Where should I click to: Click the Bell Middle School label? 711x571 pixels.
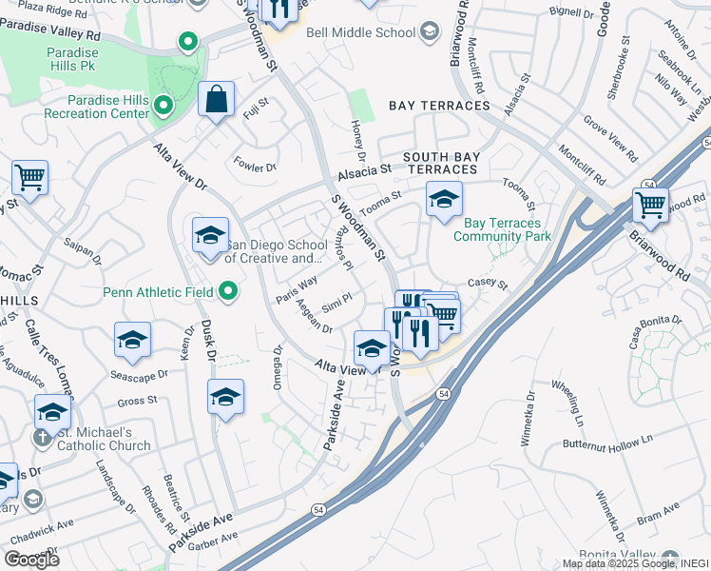pos(368,32)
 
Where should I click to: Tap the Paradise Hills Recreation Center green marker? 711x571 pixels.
pos(163,105)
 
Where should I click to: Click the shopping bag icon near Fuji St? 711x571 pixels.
pos(217,99)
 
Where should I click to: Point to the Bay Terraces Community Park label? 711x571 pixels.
pos(502,229)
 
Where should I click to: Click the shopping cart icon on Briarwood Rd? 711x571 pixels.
pos(650,203)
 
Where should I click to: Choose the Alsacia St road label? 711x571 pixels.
pos(364,173)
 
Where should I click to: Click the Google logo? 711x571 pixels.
pos(31,559)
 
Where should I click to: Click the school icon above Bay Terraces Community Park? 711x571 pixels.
pos(443,200)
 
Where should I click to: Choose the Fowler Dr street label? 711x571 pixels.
pos(256,167)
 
